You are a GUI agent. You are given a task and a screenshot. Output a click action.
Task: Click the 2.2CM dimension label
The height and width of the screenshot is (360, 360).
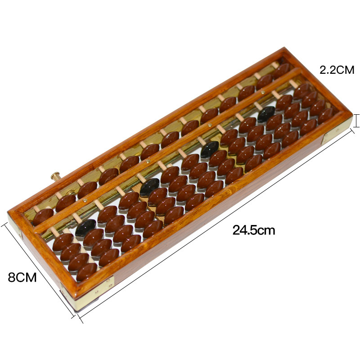pyautogui.click(x=337, y=70)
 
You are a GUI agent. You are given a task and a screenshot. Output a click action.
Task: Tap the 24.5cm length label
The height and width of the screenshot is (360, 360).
pyautogui.click(x=254, y=230)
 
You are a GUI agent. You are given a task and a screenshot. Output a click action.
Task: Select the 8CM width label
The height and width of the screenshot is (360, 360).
pyautogui.click(x=22, y=277)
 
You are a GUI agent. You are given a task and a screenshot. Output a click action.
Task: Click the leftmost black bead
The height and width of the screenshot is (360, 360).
pyautogui.click(x=85, y=228)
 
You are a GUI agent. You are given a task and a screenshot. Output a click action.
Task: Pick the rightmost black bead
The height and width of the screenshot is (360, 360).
pyautogui.click(x=266, y=114)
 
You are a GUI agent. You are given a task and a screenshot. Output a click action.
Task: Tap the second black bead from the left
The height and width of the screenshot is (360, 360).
pyautogui.click(x=150, y=187)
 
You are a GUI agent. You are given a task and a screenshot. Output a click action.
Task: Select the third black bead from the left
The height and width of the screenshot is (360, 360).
pyautogui.click(x=210, y=149)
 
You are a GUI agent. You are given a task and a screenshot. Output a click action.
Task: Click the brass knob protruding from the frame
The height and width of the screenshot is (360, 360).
pyautogui.click(x=55, y=176)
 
